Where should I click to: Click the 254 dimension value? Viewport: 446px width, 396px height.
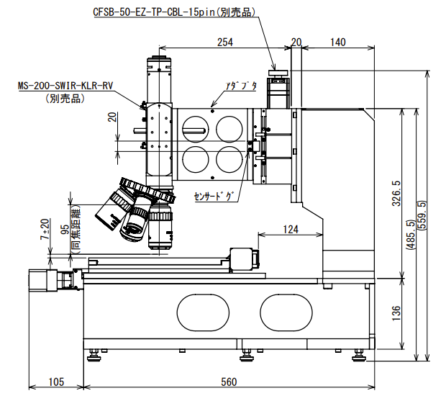point(225,42)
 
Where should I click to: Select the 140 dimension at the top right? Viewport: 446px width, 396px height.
point(338,42)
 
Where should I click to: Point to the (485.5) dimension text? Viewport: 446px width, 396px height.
point(409,235)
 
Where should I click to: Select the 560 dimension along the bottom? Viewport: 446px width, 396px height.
point(229,382)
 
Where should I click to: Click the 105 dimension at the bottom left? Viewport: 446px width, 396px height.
point(55,382)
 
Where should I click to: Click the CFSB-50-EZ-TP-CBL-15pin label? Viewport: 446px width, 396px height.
point(176,12)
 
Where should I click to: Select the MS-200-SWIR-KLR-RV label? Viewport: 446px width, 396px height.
point(66,86)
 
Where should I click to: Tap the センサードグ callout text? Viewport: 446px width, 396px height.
point(214,196)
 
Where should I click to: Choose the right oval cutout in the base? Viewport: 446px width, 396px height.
point(287,312)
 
